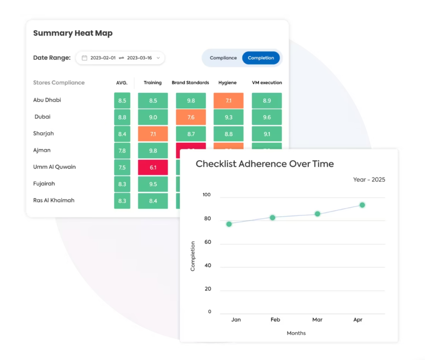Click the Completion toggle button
261,58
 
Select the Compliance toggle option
223,58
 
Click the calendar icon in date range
85,58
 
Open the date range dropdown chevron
158,58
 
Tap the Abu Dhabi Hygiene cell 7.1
228,101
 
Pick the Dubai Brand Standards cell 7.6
190,117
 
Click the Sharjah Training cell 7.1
153,134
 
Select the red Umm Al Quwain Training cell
153,167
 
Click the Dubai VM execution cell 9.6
266,117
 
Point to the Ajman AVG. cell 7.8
122,151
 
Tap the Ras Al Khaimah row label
54,200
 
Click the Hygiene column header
227,83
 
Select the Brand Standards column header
190,83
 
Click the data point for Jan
229,224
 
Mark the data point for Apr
362,205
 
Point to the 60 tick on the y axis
208,242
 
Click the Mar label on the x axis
317,320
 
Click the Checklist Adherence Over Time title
264,164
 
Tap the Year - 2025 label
369,180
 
